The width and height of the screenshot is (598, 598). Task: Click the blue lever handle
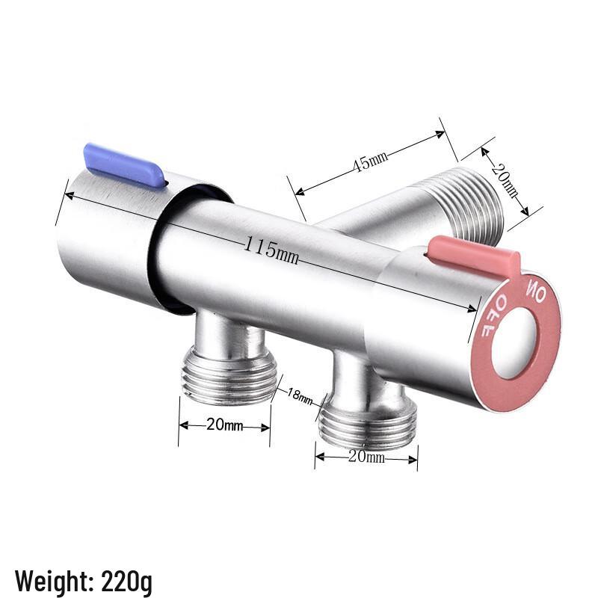pyautogui.click(x=124, y=164)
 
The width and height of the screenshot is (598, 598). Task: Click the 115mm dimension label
pyautogui.click(x=271, y=250)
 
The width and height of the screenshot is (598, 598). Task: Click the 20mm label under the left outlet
pyautogui.click(x=224, y=426)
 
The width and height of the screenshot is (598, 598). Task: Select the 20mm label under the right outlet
pyautogui.click(x=366, y=457)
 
